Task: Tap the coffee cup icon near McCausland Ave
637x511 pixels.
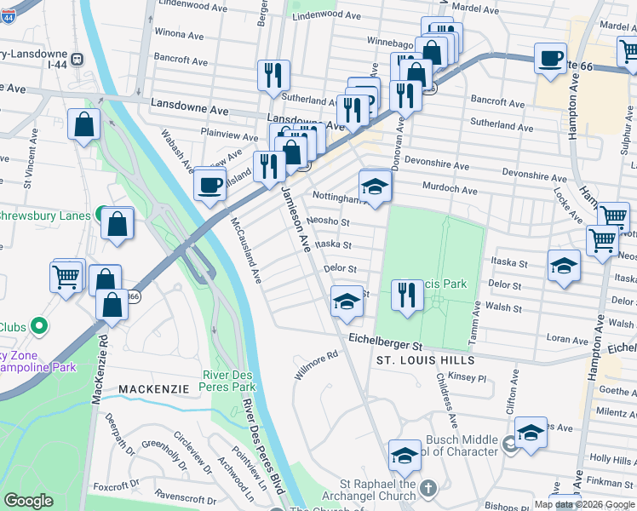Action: point(209,183)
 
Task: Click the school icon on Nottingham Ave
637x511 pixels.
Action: point(375,185)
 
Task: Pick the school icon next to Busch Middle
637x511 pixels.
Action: point(531,432)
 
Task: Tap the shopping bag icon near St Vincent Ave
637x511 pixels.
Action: point(85,124)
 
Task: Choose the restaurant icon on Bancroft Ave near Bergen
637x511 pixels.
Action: point(273,75)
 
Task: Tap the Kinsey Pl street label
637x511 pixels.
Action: point(468,376)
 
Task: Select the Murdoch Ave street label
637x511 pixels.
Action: point(450,188)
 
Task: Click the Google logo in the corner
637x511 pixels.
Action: point(28,501)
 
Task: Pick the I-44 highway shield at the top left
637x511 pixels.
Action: point(77,59)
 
